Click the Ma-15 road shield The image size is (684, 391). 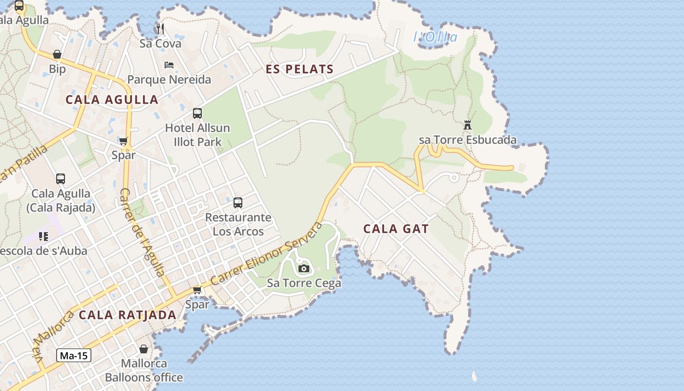tap(74, 355)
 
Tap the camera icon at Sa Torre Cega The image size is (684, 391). tap(303, 268)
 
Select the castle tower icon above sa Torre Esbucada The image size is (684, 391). tap(468, 125)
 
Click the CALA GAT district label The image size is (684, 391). tap(396, 229)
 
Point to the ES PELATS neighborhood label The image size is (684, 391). tap(299, 69)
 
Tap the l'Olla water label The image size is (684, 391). tap(435, 37)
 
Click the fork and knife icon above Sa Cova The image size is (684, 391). tap(160, 28)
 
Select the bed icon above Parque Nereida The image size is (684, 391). tap(169, 65)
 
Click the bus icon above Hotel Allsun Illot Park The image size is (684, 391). tap(197, 113)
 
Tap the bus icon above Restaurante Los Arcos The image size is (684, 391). tap(238, 202)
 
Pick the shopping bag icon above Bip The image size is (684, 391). tap(57, 54)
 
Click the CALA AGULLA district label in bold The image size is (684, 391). tap(112, 100)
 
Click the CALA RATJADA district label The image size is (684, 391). tap(128, 315)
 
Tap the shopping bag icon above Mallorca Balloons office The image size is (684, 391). tap(144, 349)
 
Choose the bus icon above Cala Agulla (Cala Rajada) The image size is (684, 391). tap(61, 179)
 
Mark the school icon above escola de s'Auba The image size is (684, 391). tap(43, 237)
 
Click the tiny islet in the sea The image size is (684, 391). tap(474, 376)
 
